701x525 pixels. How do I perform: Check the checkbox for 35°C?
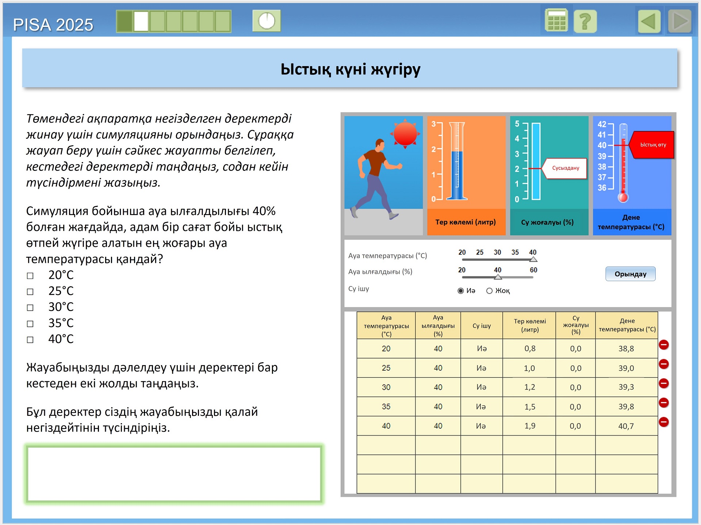tap(30, 324)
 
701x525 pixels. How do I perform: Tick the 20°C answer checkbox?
tap(30, 276)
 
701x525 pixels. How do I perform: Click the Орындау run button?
tap(630, 274)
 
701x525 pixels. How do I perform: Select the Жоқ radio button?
tap(489, 291)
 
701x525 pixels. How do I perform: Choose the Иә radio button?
tap(461, 291)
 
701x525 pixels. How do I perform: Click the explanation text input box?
tap(174, 474)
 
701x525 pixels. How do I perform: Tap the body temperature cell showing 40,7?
tap(626, 426)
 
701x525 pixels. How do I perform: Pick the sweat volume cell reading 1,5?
tap(529, 407)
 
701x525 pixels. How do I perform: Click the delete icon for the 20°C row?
tap(664, 345)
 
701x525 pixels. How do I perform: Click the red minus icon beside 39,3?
tap(664, 383)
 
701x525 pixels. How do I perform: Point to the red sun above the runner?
tap(405, 134)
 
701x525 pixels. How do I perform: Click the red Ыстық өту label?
tap(653, 145)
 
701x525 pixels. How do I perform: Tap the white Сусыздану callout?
tap(566, 168)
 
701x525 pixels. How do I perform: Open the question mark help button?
tap(585, 22)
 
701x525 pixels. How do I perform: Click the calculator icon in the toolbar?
tap(556, 21)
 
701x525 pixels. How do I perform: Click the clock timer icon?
tap(267, 21)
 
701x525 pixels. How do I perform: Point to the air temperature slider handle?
tap(533, 259)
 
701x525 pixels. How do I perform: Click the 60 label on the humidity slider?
tap(533, 270)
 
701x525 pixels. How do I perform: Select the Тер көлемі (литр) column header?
tap(529, 325)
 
